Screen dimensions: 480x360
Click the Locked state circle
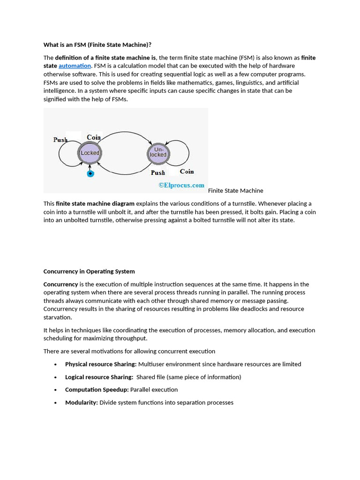point(90,153)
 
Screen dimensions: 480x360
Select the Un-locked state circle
point(158,152)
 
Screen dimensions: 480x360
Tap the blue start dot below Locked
point(90,174)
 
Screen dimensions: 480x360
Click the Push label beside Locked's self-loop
point(60,140)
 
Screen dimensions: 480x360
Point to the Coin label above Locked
point(94,137)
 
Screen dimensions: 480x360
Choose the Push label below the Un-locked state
point(158,172)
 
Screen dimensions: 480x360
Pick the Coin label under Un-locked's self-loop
point(187,172)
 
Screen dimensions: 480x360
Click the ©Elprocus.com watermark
point(181,185)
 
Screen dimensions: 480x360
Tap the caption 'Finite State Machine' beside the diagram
point(235,190)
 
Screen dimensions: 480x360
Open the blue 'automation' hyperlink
point(75,66)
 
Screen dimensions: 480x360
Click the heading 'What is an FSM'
point(97,45)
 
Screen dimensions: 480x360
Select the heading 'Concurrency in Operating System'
point(89,271)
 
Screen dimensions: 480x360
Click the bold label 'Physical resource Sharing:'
point(101,364)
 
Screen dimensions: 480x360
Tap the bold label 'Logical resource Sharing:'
point(99,377)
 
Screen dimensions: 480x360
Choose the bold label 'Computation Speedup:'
point(97,390)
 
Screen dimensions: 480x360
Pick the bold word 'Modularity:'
point(82,402)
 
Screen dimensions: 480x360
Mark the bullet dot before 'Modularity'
point(55,403)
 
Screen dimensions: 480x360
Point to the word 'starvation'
point(57,317)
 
